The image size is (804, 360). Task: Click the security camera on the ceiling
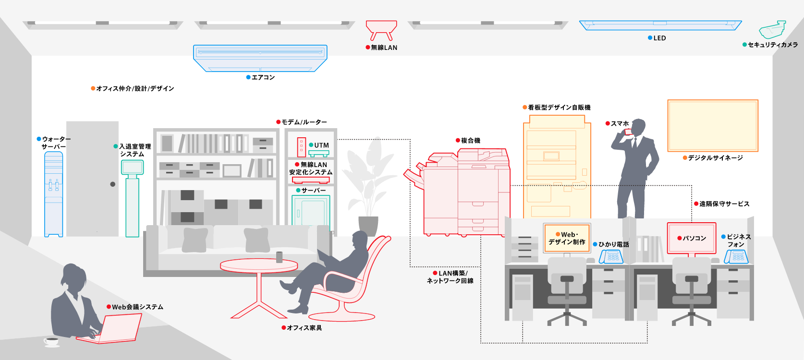click(772, 30)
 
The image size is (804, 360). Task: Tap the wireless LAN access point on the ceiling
click(381, 29)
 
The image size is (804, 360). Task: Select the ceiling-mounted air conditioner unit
click(260, 58)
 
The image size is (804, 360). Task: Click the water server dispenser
click(53, 194)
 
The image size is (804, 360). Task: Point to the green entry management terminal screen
click(132, 167)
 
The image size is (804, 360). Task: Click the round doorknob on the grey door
click(113, 184)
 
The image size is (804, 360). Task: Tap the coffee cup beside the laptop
click(51, 342)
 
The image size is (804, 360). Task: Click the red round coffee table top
click(258, 265)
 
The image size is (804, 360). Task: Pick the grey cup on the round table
click(279, 257)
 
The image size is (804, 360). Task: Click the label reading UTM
click(321, 145)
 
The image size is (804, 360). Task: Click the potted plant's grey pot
click(368, 226)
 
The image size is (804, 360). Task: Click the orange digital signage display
click(713, 126)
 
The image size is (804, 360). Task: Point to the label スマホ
click(620, 124)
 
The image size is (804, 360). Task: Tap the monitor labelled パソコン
click(692, 238)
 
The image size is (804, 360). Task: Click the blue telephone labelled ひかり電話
click(611, 257)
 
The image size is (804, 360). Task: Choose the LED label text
click(659, 38)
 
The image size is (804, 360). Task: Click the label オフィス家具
click(304, 328)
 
